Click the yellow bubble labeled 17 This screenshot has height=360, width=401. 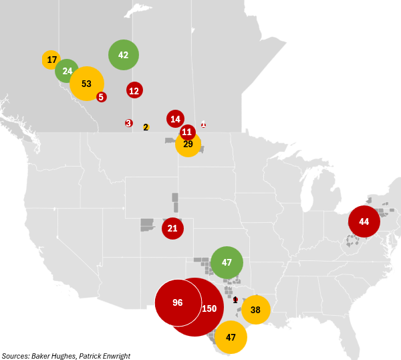click(51, 60)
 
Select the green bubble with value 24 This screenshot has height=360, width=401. click(67, 70)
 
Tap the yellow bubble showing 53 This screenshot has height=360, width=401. click(86, 84)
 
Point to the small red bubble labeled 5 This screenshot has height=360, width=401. click(101, 97)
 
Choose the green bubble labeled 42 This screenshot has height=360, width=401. click(124, 55)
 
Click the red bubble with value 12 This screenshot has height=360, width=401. click(134, 90)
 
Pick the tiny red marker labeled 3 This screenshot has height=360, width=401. click(128, 123)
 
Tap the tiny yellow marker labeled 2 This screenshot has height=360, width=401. click(146, 127)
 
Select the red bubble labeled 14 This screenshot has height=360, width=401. click(175, 119)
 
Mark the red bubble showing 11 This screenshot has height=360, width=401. click(188, 132)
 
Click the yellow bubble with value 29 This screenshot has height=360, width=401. click(188, 144)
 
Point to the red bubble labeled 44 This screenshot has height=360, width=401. click(364, 221)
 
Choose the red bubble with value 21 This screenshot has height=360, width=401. click(172, 228)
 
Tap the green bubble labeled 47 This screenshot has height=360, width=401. click(227, 262)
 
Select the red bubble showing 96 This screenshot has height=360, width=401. click(178, 302)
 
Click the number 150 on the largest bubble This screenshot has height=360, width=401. click(209, 308)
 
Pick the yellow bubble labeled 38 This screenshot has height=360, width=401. click(255, 310)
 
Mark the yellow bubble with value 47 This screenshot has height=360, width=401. click(231, 337)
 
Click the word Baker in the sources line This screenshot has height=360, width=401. click(43, 356)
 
